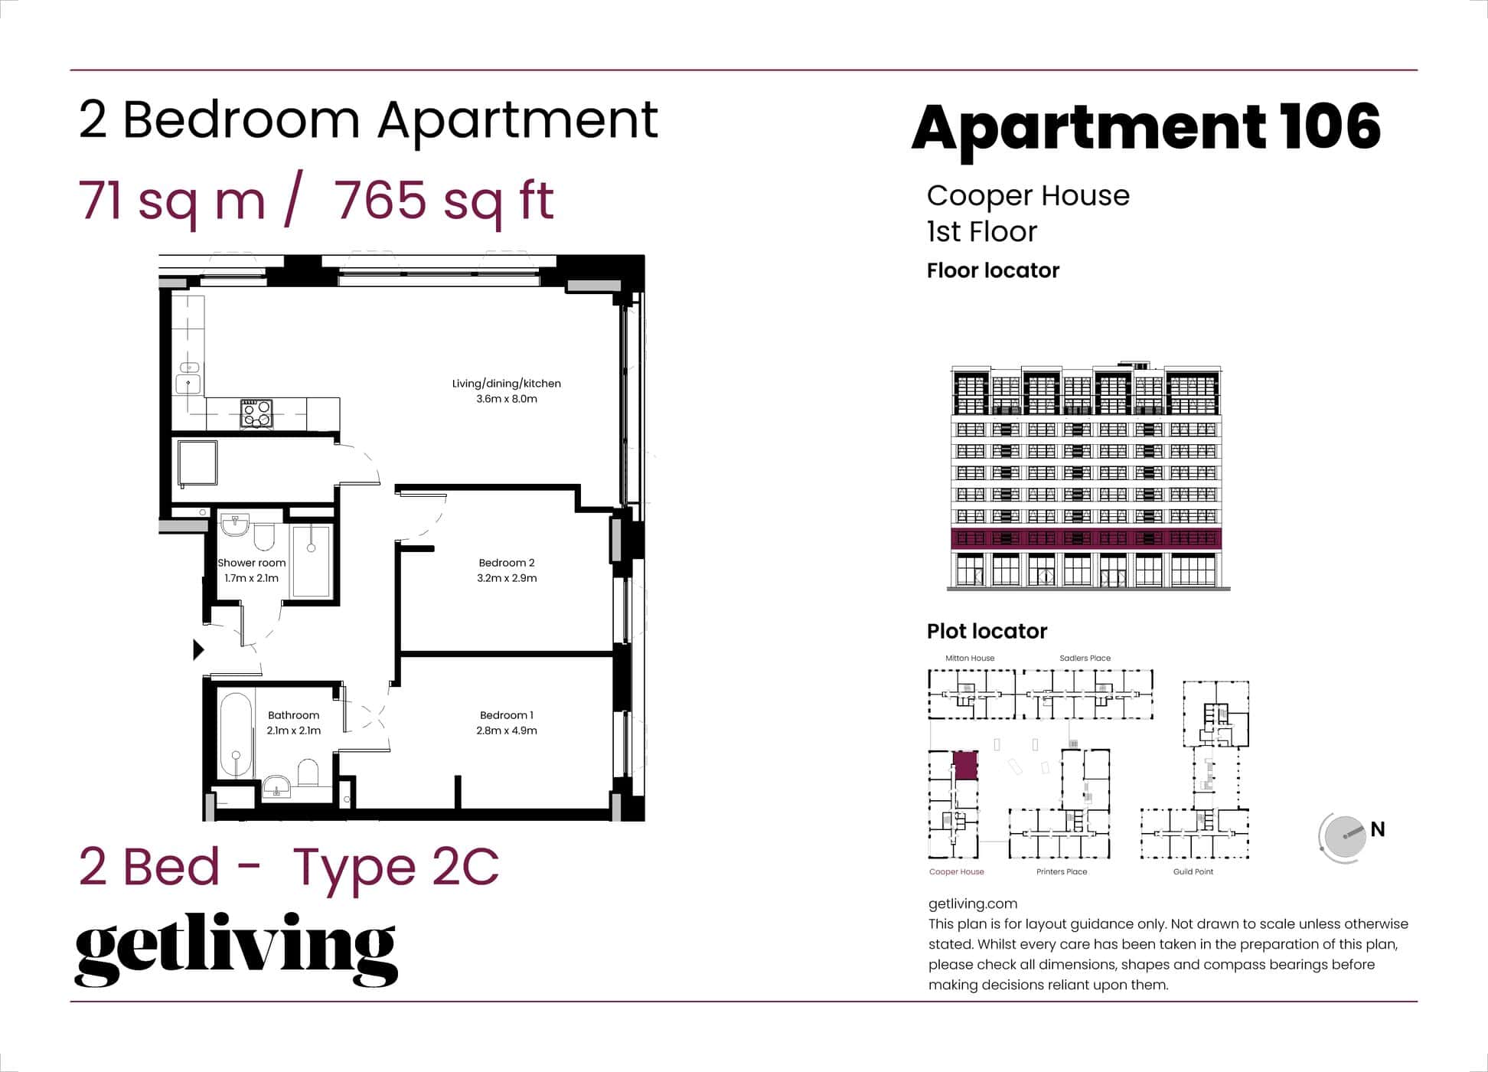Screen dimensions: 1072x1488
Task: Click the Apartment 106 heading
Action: (x=1146, y=128)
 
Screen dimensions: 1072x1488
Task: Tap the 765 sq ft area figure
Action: (x=444, y=201)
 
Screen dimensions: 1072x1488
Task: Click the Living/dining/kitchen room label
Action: (x=506, y=384)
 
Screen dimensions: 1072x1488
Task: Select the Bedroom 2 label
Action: (x=506, y=563)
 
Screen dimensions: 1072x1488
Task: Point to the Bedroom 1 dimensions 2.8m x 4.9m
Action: (x=506, y=730)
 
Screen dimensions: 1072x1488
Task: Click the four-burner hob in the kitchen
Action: (x=256, y=413)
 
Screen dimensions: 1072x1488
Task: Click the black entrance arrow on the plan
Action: (x=198, y=649)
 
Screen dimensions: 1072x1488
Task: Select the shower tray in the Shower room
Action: (x=312, y=560)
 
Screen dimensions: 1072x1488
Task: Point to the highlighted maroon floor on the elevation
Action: (x=1085, y=538)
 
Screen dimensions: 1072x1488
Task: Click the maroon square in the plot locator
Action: (x=965, y=766)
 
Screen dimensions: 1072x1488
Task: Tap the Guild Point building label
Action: (x=1193, y=871)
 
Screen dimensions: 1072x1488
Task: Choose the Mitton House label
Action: (x=970, y=658)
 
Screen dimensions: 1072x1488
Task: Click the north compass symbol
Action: (x=1344, y=837)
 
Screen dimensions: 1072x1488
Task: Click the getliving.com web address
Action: (x=972, y=904)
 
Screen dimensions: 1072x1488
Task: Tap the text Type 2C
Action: (x=396, y=867)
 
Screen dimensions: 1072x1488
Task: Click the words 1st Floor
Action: (x=981, y=231)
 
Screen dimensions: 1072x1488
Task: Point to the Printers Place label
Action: (x=1061, y=871)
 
